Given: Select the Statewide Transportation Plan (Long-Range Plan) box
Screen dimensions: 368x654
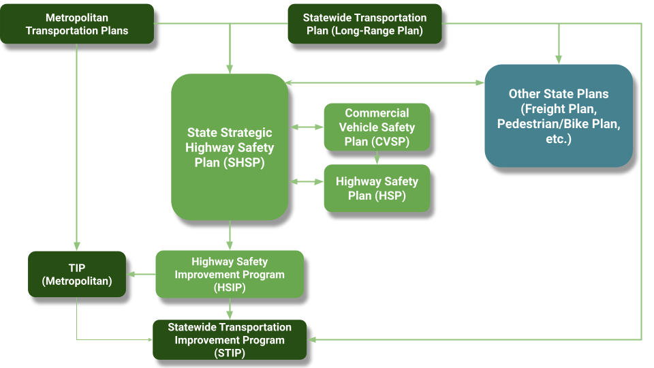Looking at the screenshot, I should (x=364, y=24).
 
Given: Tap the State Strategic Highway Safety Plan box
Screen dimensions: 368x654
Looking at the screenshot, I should (x=230, y=147).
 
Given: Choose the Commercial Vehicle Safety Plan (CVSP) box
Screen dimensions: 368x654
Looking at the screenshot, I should (x=377, y=127).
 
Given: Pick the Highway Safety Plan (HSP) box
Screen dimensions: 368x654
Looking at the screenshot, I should (x=377, y=188).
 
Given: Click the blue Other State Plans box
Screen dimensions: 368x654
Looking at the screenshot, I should (x=559, y=116).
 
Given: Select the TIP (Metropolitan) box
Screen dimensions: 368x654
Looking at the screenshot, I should (x=77, y=274).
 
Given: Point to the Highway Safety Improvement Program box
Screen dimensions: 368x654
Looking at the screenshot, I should (x=230, y=274).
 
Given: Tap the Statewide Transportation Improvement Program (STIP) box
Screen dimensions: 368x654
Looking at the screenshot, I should (x=230, y=340).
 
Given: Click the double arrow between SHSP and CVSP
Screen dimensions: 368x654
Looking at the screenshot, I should (x=307, y=127).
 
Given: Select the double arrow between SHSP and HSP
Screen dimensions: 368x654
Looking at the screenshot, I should (x=307, y=181).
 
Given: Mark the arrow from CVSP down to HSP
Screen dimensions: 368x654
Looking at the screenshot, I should (x=377, y=158).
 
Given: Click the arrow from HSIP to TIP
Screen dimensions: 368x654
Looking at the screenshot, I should (x=141, y=275).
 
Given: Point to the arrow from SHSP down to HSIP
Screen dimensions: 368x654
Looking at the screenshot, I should (x=230, y=236).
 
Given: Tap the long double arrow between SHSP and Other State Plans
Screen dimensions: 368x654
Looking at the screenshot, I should (x=385, y=83).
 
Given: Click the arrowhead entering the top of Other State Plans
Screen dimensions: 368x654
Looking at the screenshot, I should (x=559, y=59).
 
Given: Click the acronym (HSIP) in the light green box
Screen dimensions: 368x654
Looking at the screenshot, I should (x=230, y=288).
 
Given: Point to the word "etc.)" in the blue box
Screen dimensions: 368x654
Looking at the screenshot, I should (x=559, y=139).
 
